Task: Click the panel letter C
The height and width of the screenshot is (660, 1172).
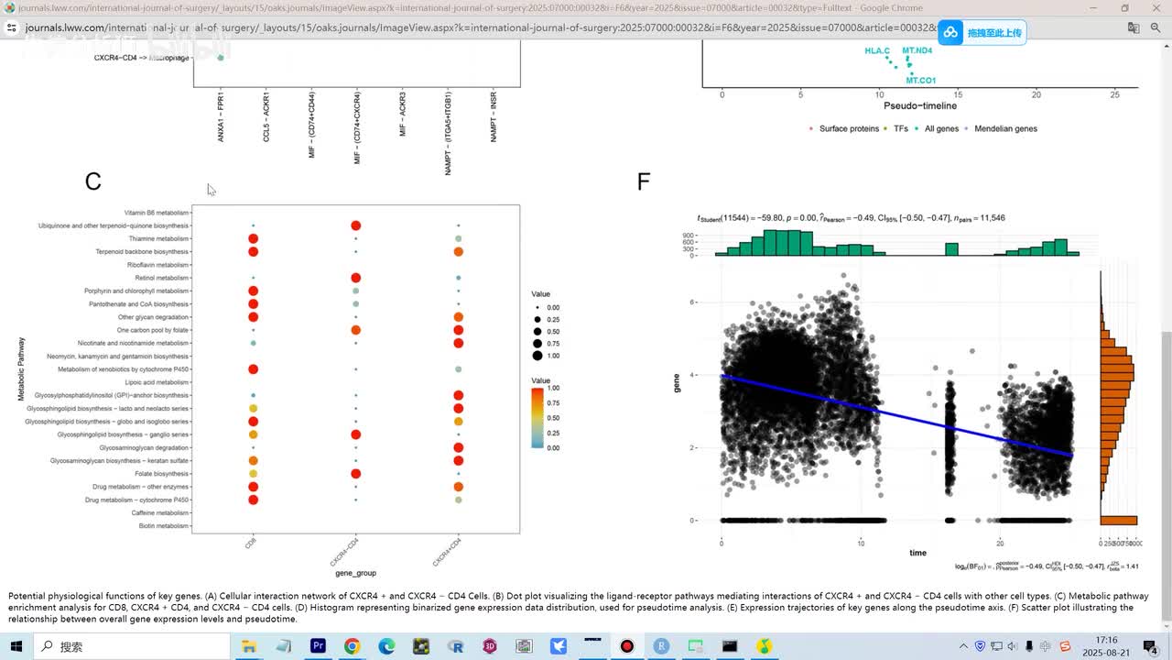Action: [92, 181]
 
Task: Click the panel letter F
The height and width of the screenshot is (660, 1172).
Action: [643, 181]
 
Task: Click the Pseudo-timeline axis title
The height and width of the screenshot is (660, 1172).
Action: [919, 106]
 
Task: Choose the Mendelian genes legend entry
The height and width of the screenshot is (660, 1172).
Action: [1005, 128]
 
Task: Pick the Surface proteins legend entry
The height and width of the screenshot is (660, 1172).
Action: [848, 128]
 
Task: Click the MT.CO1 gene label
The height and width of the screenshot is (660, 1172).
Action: [920, 81]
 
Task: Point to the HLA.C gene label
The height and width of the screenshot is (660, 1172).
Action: [876, 50]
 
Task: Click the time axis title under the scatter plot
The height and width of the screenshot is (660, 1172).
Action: [917, 553]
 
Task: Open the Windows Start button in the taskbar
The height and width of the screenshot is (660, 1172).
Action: [16, 646]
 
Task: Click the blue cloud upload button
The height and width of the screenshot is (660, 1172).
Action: [981, 33]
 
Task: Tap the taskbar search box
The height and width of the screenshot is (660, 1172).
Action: [133, 646]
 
